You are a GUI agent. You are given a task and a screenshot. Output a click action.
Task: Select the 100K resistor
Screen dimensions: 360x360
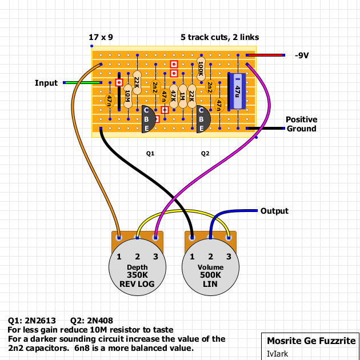(x=201, y=69)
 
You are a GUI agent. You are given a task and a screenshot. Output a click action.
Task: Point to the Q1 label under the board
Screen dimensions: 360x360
(x=150, y=154)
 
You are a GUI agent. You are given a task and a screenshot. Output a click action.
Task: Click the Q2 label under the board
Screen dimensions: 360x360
(x=205, y=154)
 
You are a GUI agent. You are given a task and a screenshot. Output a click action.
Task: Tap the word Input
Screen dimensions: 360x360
(x=46, y=83)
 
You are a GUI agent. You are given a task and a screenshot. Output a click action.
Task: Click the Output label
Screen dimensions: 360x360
(x=274, y=211)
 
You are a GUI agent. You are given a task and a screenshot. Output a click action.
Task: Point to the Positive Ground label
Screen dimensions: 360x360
(x=301, y=124)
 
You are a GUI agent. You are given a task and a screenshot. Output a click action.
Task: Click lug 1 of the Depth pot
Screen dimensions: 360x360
(x=119, y=256)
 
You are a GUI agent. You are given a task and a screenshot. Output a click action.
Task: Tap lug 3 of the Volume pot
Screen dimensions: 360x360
(x=229, y=256)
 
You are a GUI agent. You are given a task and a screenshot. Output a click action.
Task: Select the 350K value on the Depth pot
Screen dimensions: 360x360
(x=137, y=275)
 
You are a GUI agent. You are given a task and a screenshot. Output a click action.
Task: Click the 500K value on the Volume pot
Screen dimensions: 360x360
(x=210, y=275)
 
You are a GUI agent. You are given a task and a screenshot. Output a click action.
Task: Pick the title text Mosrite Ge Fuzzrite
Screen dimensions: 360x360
(x=311, y=341)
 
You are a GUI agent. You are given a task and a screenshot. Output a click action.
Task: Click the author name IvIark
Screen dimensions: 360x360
(x=278, y=354)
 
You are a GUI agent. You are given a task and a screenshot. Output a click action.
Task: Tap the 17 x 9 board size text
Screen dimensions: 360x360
(x=101, y=37)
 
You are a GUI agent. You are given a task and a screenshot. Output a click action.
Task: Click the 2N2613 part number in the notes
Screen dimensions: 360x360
(x=41, y=321)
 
